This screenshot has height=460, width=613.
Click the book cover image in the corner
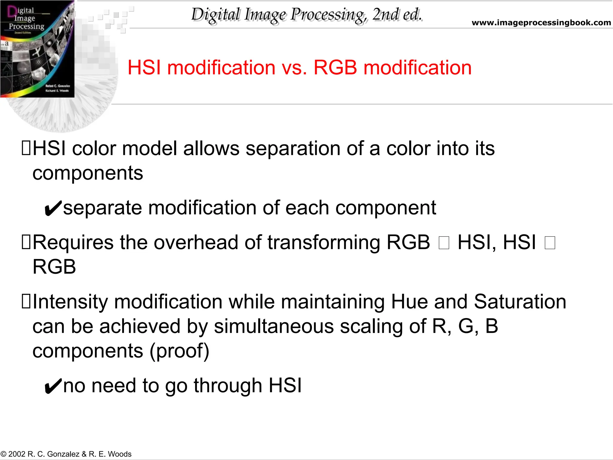[x=37, y=49]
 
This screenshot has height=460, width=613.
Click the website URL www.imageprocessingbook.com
[x=541, y=22]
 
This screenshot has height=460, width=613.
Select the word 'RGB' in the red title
[x=335, y=67]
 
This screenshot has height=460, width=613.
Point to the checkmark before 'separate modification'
[x=53, y=208]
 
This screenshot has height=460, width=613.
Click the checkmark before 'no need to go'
[x=53, y=386]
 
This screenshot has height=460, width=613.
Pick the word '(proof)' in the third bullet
[x=179, y=351]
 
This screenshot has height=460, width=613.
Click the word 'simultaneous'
[x=274, y=326]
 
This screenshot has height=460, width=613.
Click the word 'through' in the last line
[x=228, y=386]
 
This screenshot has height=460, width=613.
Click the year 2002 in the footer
[x=17, y=454]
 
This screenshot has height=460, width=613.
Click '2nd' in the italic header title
[x=384, y=14]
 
